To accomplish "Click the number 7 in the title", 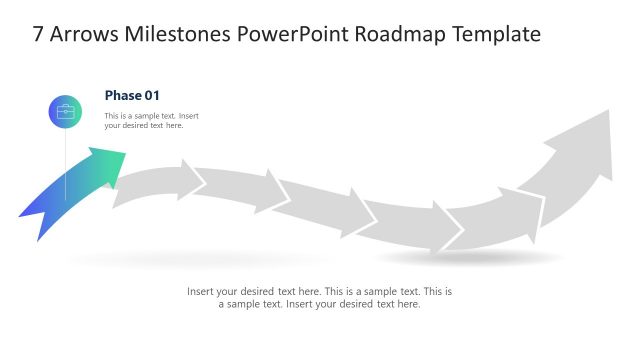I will click(38, 35).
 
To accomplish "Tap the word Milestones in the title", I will click(179, 35).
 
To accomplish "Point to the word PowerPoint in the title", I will click(289, 35).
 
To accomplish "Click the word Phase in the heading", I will click(124, 96).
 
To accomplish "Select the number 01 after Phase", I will click(152, 96).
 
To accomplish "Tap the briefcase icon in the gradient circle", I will click(66, 112).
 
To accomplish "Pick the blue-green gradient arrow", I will click(70, 195).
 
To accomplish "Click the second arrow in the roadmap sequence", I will click(160, 184).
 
